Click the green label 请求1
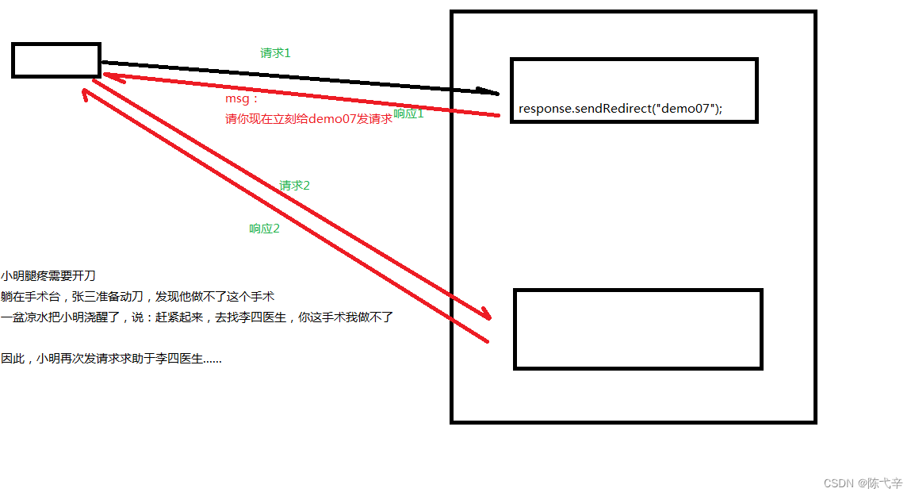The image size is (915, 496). click(x=276, y=53)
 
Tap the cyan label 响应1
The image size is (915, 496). click(x=409, y=114)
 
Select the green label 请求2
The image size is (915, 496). click(x=294, y=186)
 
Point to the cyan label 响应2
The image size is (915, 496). click(x=264, y=229)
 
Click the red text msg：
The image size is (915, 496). click(x=242, y=101)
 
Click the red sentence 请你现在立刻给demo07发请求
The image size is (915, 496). click(x=308, y=119)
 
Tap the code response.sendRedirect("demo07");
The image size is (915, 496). click(x=620, y=109)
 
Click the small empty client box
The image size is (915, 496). click(x=56, y=60)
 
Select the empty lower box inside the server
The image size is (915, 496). click(x=637, y=329)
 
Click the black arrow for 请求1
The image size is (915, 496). click(x=301, y=77)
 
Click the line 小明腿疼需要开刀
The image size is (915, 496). click(x=48, y=276)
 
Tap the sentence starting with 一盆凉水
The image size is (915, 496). click(x=197, y=317)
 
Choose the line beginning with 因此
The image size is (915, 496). click(x=111, y=359)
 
